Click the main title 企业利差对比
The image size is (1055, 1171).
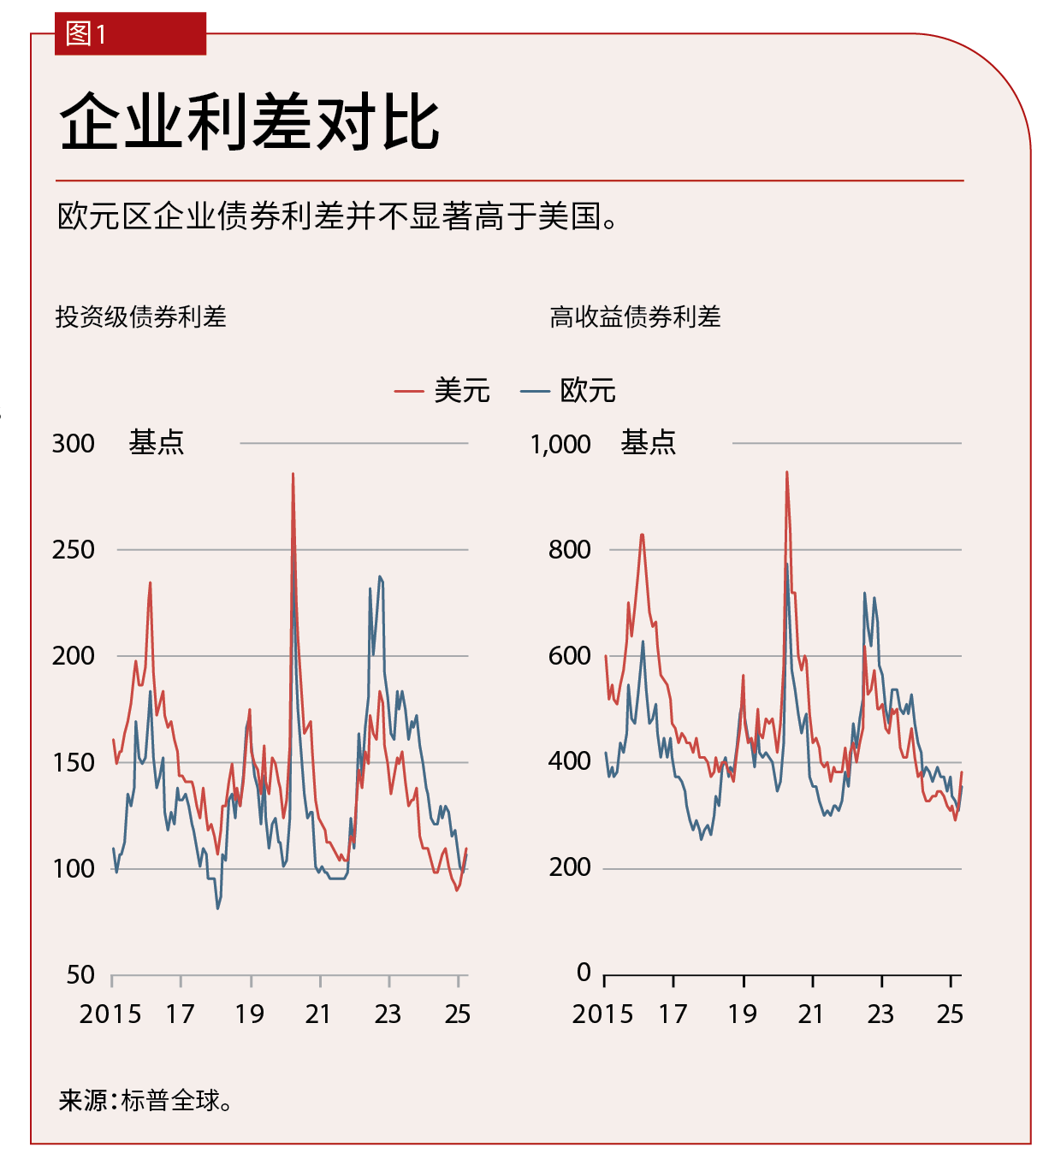point(249,122)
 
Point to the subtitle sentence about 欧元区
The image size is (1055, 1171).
point(336,216)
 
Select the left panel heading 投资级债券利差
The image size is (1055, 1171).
point(140,317)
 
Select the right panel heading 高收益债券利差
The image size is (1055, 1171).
point(635,317)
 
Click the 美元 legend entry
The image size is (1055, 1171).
point(443,391)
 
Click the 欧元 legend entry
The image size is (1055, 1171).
point(569,391)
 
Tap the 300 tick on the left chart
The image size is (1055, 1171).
point(74,443)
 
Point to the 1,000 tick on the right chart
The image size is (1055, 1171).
point(560,444)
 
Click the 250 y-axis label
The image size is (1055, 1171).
point(74,549)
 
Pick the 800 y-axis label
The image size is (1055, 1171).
point(569,549)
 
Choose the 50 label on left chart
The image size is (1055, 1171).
point(80,974)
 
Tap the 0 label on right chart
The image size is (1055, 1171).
point(584,972)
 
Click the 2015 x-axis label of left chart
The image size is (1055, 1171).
point(110,1014)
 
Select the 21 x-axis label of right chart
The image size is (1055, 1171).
point(811,1014)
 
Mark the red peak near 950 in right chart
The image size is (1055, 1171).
point(786,472)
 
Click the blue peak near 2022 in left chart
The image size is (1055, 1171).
point(380,577)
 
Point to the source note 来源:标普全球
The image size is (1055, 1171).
point(145,1100)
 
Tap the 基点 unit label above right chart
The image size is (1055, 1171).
point(648,443)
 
